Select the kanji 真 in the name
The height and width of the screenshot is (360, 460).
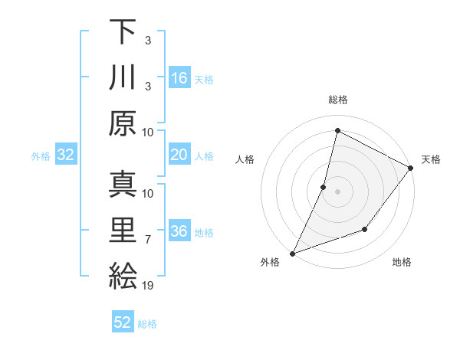pos(123,185)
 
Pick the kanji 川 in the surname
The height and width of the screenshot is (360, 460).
pos(123,77)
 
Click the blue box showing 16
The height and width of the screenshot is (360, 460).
pos(179,78)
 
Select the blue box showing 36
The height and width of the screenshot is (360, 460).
pos(179,232)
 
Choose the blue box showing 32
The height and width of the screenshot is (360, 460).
pos(66,155)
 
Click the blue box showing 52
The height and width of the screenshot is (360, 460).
pos(123,322)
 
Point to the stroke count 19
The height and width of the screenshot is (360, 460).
pos(149,286)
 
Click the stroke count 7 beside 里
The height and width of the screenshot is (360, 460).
pos(149,241)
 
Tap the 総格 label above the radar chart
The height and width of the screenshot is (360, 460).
pos(337,100)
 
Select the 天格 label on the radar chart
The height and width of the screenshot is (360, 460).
pos(431,159)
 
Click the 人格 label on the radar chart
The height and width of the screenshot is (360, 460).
pos(245,159)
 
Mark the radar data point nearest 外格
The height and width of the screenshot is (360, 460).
pos(292,253)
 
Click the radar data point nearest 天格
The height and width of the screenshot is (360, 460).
pos(410,169)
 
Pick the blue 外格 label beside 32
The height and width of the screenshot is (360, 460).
pos(41,156)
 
